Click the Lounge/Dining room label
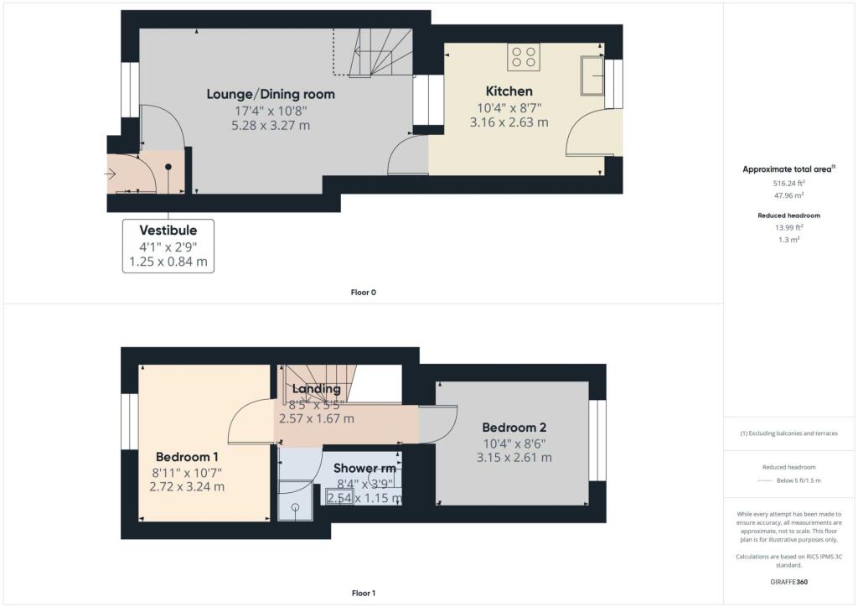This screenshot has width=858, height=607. tap(270, 94)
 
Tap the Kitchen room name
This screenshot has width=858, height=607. tap(509, 91)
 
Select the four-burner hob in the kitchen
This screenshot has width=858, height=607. tap(524, 57)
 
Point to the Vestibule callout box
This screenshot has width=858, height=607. tap(168, 246)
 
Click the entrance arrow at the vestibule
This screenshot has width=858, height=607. tap(112, 174)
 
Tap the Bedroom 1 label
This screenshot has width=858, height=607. tap(187, 457)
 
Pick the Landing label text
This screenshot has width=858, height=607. tap(316, 389)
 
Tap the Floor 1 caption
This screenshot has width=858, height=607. tap(363, 594)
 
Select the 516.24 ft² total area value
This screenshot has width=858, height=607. tap(789, 182)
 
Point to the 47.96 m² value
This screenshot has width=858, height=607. tap(789, 194)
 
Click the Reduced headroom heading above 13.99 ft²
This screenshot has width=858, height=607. tap(789, 215)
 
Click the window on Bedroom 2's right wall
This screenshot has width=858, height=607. tap(597, 440)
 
